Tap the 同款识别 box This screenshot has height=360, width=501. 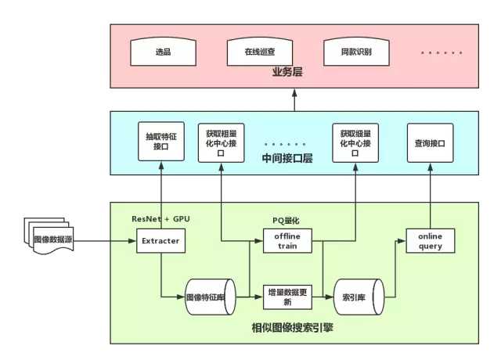pos(356,53)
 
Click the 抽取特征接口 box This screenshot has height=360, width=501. pos(160,141)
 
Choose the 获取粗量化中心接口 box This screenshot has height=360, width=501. pos(222,141)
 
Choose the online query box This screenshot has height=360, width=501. pos(431,240)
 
